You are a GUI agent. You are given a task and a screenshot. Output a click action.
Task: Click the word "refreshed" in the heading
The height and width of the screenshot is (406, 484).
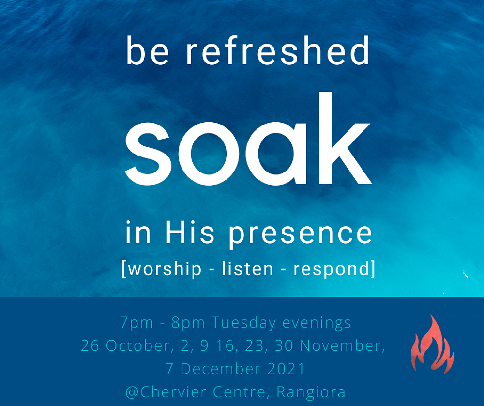277,50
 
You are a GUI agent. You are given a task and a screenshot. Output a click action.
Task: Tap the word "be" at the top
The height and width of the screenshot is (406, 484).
148,50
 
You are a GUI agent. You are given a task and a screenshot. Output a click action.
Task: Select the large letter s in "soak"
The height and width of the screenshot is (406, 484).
148,154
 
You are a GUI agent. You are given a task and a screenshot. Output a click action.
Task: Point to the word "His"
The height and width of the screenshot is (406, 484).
190,233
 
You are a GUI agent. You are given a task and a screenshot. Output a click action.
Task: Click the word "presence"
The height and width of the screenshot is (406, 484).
301,235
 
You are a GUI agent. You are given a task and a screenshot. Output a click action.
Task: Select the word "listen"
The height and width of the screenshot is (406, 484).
247,268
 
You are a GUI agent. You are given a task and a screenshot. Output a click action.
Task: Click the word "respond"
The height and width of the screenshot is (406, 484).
331,269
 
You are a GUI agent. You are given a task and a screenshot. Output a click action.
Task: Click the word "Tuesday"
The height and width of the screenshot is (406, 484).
243,323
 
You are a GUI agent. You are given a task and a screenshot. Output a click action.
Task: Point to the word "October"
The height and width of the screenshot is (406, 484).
137,345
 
